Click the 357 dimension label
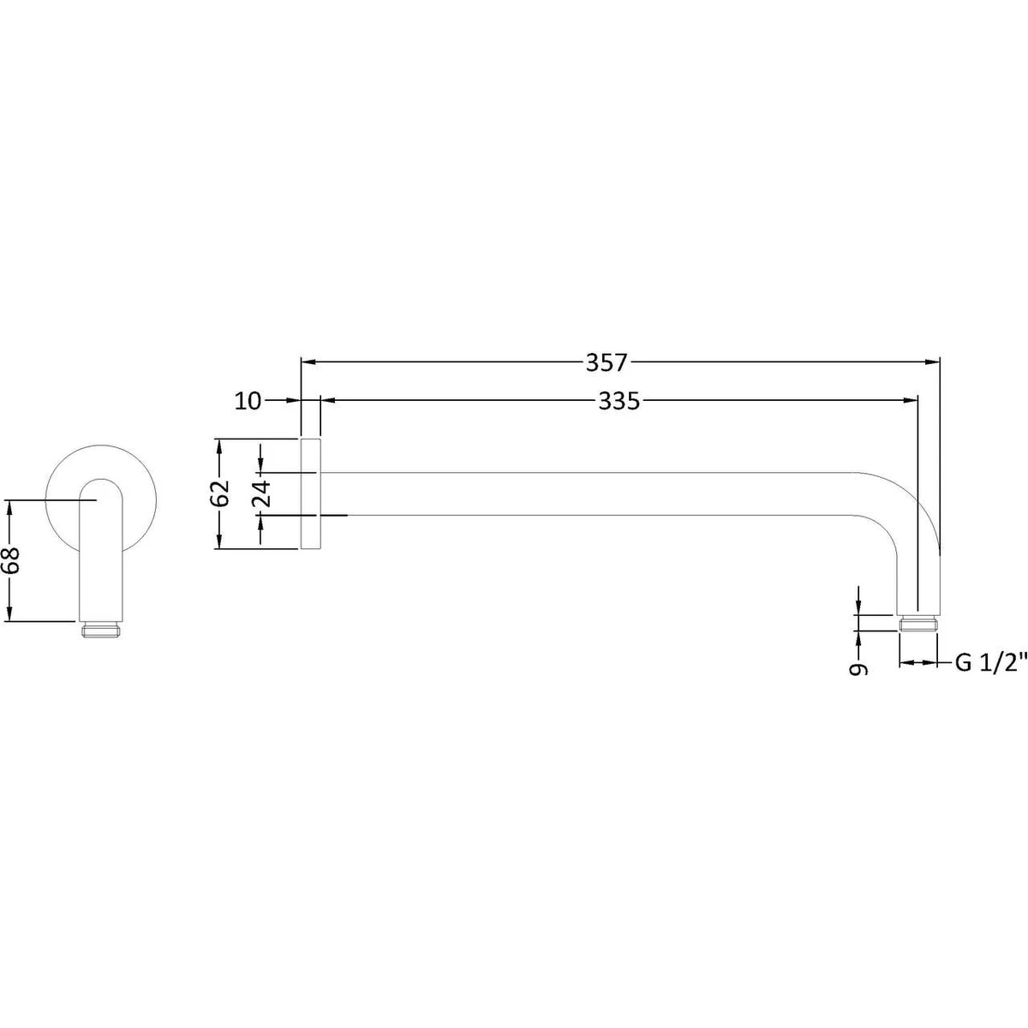pyautogui.click(x=607, y=363)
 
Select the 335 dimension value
pyautogui.click(x=619, y=401)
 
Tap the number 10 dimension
pyautogui.click(x=248, y=401)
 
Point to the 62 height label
pyautogui.click(x=220, y=493)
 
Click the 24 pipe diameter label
pyautogui.click(x=262, y=493)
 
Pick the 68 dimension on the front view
pyautogui.click(x=10, y=560)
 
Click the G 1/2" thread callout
pyautogui.click(x=990, y=663)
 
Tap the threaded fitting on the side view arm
pyautogui.click(x=917, y=625)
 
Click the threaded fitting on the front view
pyautogui.click(x=101, y=630)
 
